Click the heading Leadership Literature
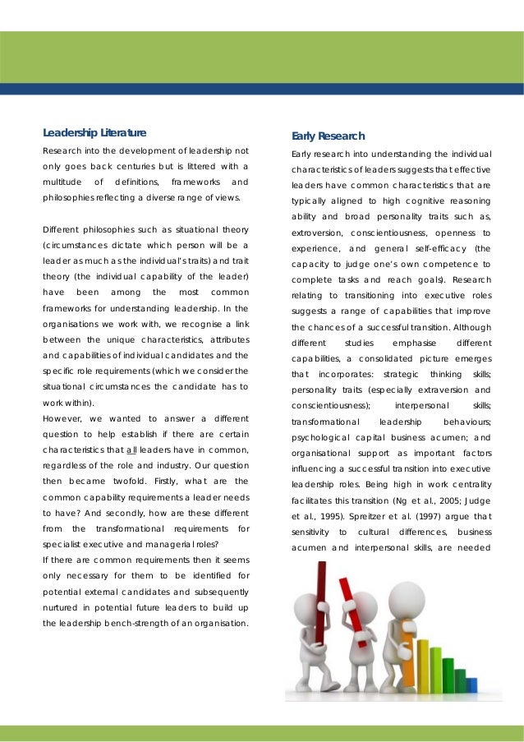[x=94, y=132]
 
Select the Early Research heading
[x=328, y=136]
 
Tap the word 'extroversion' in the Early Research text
[x=317, y=233]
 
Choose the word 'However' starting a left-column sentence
[x=62, y=418]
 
